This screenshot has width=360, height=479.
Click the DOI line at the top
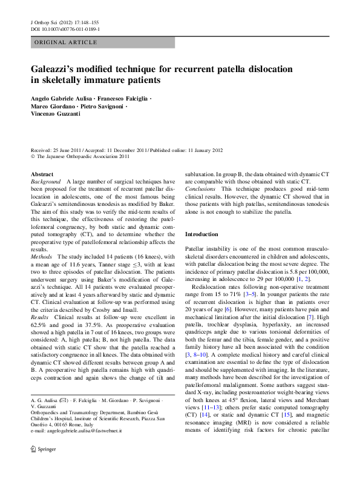point(65,28)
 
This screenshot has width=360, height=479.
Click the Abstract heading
point(41,174)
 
